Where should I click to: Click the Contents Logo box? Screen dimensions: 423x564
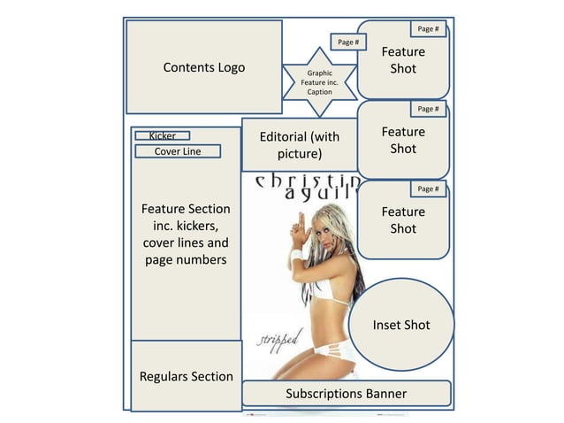[x=204, y=67]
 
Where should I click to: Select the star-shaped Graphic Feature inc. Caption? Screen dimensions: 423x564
[x=319, y=82]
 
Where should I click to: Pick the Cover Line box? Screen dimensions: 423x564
[x=177, y=151]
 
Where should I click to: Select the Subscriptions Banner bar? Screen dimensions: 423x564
[x=346, y=393]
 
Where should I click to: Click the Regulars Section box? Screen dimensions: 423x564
[x=186, y=376]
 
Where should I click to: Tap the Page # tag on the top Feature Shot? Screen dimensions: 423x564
[x=428, y=29]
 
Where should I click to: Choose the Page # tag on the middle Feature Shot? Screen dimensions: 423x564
[x=428, y=109]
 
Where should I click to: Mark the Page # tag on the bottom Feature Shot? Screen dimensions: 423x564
[x=428, y=188]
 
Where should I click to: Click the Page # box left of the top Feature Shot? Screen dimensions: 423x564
[x=348, y=42]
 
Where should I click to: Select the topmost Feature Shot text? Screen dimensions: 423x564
[x=403, y=60]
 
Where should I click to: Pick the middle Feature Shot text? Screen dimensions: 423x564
[x=403, y=140]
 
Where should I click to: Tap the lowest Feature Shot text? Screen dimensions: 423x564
[x=403, y=220]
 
